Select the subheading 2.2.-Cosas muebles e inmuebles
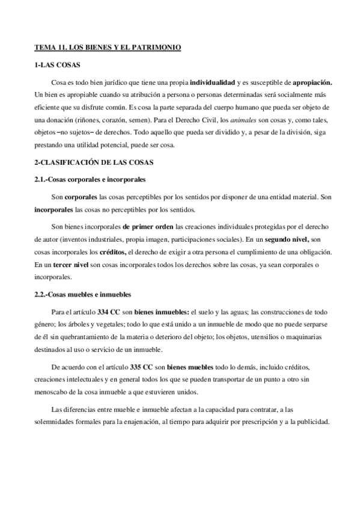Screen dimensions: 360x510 click(79, 294)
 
